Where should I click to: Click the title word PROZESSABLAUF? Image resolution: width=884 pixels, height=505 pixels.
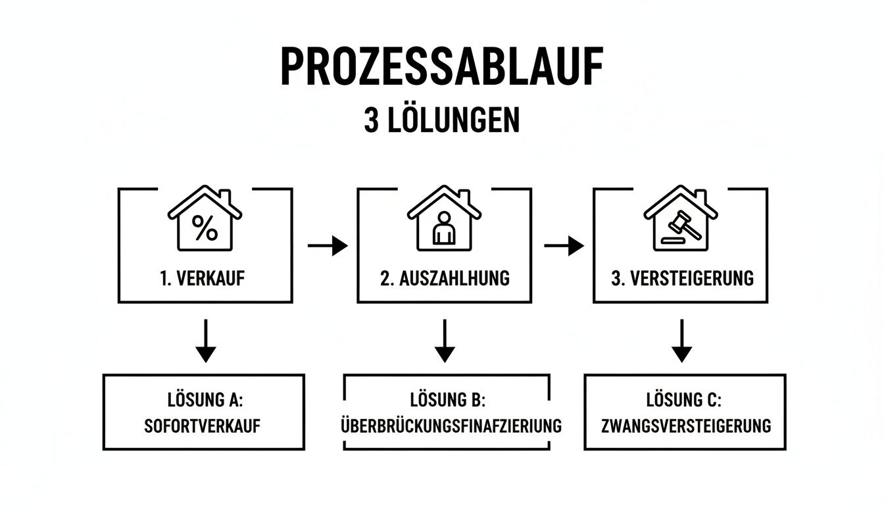coord(441,66)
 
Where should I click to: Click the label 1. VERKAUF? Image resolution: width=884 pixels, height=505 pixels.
coord(202,278)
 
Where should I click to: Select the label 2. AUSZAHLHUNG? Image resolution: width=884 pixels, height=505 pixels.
coord(445,278)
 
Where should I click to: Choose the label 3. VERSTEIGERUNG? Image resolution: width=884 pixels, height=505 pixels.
coord(682,278)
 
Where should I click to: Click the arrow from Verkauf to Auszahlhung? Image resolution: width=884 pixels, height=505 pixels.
coord(327,247)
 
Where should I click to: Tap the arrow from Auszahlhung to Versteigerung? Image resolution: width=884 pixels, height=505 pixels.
coord(564,247)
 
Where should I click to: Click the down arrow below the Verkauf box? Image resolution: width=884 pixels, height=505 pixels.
coord(206,341)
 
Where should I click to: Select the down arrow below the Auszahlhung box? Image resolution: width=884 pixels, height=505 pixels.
coord(445,341)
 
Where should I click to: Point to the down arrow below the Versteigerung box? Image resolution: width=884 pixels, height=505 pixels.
coord(681,341)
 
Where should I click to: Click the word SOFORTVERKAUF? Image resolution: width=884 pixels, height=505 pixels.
coord(203,426)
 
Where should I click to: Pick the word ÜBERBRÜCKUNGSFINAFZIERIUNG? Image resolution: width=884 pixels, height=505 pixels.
coord(451,426)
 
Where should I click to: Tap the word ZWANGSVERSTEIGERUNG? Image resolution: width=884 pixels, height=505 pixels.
coord(686,426)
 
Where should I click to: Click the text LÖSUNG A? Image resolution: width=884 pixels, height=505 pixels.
coord(203,399)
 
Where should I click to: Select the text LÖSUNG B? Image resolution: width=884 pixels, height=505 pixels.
coord(447,399)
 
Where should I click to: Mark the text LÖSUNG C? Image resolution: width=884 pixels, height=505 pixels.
coord(685,399)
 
